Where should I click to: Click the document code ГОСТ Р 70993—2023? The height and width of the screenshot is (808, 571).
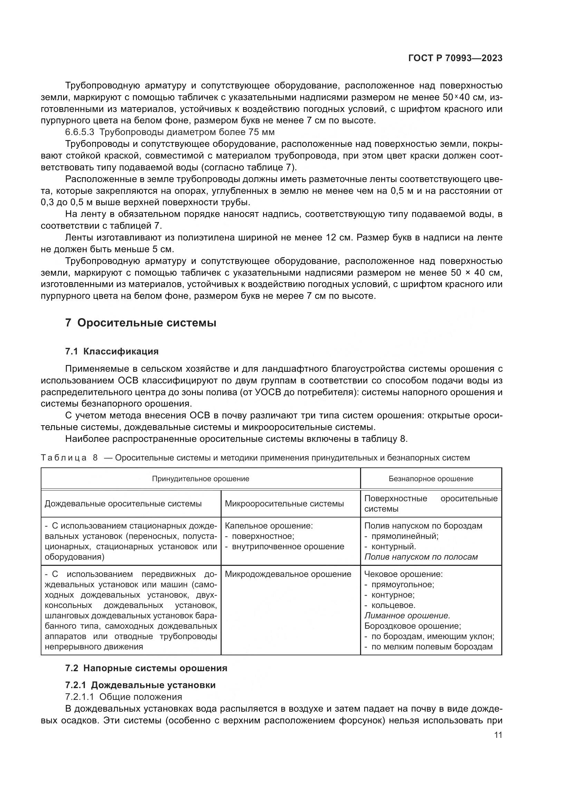coord(455,58)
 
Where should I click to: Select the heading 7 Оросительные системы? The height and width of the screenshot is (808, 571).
coord(141,323)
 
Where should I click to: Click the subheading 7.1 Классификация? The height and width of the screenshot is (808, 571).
coord(112,351)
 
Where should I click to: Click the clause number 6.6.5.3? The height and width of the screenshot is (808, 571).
coord(80,132)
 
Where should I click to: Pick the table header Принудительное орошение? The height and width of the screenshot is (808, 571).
coord(201,478)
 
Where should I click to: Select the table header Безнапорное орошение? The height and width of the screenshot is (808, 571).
coord(431,478)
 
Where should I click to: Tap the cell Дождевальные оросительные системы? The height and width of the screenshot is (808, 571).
coord(123,504)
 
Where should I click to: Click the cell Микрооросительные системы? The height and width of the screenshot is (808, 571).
coord(284,504)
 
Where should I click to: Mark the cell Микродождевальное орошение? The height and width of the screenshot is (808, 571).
coord(288,574)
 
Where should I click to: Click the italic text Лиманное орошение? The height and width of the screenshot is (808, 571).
coord(407,616)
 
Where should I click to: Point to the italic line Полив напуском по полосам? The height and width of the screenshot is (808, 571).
coord(421,557)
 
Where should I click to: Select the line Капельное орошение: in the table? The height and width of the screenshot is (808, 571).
coord(269,526)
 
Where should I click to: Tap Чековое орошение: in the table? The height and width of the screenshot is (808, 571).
coord(403,574)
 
